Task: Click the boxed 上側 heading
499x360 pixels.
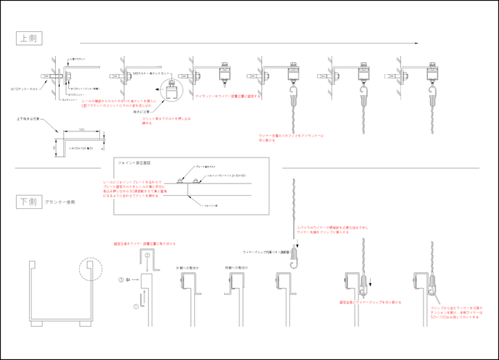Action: [x=29, y=38]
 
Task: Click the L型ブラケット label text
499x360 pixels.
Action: [x=78, y=57]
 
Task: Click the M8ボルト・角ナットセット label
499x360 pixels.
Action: [x=152, y=73]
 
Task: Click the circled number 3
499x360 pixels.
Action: [x=123, y=279]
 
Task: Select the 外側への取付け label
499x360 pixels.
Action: [x=187, y=267]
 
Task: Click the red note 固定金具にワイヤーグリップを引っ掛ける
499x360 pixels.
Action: [x=370, y=302]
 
